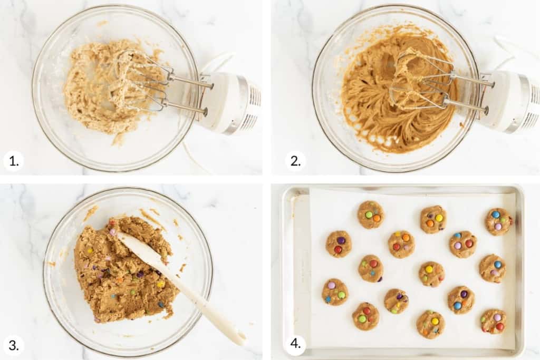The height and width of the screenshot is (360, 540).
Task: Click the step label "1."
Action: [x=14, y=161]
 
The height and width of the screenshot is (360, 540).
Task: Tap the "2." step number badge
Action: [x=295, y=161]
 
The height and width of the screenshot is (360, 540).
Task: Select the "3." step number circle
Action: [x=14, y=345]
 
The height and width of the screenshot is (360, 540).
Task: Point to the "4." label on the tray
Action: [x=295, y=344]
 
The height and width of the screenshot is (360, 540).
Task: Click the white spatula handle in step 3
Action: [x=207, y=306]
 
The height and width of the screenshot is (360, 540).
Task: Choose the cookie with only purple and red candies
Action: [x=339, y=244]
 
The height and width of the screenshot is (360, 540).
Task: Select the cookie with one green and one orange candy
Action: [x=371, y=215]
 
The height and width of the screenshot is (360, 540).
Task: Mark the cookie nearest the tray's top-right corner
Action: [x=499, y=222]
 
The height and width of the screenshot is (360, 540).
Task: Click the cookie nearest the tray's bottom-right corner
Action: [x=494, y=322]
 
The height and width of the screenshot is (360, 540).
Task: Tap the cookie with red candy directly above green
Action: [x=365, y=316]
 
